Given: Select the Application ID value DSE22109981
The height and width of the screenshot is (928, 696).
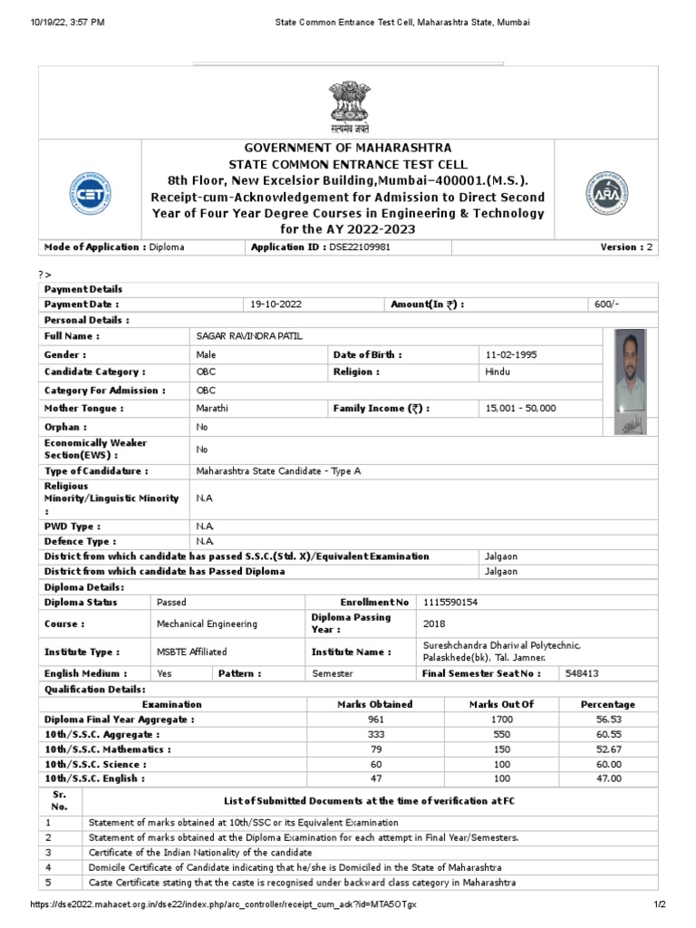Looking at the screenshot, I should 359,246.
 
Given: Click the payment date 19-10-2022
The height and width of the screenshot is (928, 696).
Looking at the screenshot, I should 275,304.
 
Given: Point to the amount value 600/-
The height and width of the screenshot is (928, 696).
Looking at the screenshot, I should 607,304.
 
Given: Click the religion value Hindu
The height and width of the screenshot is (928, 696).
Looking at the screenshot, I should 498,372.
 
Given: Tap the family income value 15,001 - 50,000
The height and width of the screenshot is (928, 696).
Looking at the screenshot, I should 521,409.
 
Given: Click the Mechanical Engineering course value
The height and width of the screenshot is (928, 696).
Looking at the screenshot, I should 207,623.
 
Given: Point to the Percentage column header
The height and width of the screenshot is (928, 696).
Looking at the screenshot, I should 607,704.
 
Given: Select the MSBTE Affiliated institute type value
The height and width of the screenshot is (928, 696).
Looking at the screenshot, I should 192,652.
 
